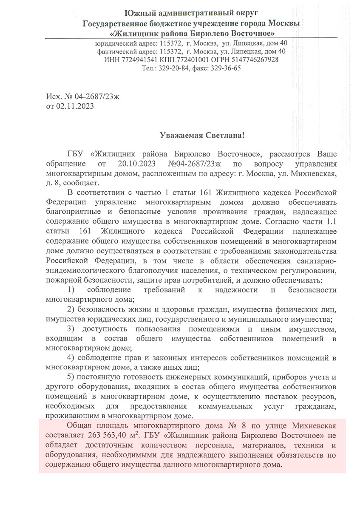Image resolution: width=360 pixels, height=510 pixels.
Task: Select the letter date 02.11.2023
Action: [75, 106]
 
